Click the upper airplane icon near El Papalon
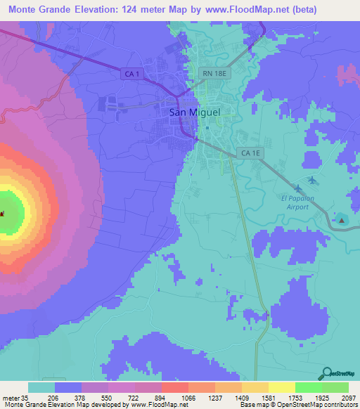311,181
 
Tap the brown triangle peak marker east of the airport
342,220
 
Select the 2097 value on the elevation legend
348,397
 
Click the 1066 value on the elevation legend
174,397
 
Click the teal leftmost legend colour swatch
41,387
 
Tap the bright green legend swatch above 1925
308,387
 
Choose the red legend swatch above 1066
174,387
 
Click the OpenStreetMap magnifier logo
328,372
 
